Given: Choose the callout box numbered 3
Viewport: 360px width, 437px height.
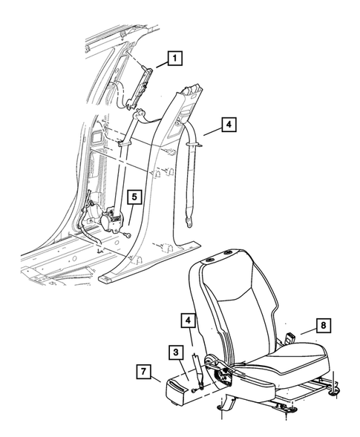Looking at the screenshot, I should click(176, 351).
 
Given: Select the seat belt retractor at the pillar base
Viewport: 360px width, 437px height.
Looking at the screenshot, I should click(111, 220).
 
